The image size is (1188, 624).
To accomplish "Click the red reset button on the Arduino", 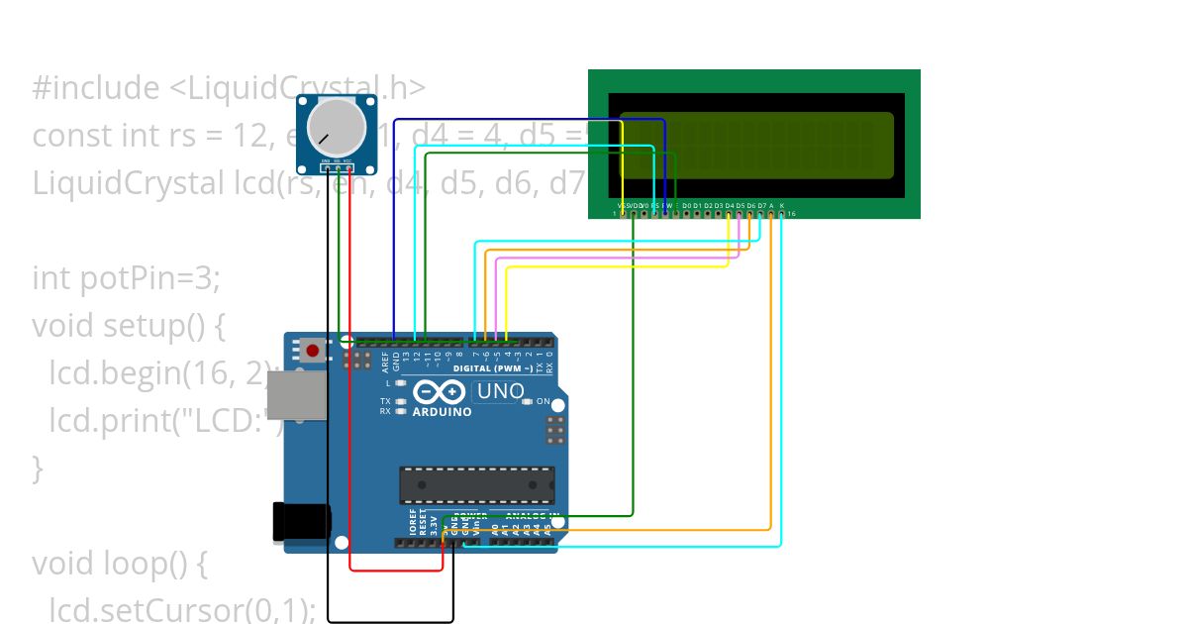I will (x=314, y=350).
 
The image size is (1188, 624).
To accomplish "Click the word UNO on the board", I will (x=500, y=391).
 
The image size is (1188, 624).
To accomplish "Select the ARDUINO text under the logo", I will (x=443, y=412).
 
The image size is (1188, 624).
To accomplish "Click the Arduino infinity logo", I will (x=440, y=392).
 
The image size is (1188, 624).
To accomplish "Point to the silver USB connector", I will (x=296, y=395).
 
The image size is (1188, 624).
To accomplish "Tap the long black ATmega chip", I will (x=476, y=484).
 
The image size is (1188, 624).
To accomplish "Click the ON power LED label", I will (x=543, y=401).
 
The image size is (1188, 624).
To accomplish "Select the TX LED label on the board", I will (x=385, y=401).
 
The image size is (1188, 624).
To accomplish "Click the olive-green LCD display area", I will (x=755, y=146).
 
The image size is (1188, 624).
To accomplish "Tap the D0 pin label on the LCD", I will (x=686, y=205).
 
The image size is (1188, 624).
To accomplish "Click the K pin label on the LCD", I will (x=781, y=205).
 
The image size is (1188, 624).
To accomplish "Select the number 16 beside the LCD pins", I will (x=791, y=213).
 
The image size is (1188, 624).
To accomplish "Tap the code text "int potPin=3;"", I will (x=126, y=279).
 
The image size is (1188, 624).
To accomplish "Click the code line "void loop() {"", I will (x=119, y=563).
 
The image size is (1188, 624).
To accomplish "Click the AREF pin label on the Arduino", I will (x=385, y=361).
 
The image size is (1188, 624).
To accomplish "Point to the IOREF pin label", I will (x=413, y=522).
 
